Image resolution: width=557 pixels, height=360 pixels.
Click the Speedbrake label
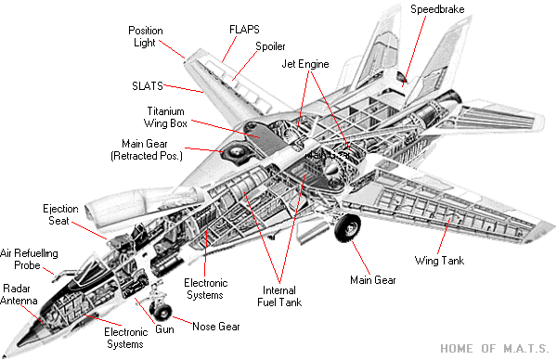click(x=437, y=9)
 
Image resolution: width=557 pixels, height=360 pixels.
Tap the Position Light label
click(x=146, y=36)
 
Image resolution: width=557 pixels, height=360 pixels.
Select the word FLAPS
click(x=244, y=30)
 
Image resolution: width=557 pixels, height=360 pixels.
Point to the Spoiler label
click(x=270, y=46)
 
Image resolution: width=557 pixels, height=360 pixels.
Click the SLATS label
click(x=148, y=86)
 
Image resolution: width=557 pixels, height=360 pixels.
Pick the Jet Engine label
click(x=305, y=64)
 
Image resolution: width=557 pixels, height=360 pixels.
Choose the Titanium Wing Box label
click(x=165, y=117)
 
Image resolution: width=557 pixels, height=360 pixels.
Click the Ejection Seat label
click(x=60, y=214)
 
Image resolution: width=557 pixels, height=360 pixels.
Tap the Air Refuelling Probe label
click(x=29, y=259)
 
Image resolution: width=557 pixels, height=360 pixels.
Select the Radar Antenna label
click(x=19, y=294)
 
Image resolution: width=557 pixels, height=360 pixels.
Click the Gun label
click(x=164, y=329)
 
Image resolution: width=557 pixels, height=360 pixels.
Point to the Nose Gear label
click(x=216, y=327)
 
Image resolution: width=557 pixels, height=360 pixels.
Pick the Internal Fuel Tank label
click(x=279, y=297)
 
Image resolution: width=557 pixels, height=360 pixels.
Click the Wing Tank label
click(x=439, y=261)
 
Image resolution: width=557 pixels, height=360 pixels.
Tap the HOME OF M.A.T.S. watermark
click(x=495, y=348)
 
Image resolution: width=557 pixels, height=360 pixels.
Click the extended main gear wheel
click(x=348, y=227)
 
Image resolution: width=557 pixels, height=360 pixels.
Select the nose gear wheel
click(x=161, y=312)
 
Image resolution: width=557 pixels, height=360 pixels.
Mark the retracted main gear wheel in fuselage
click(x=237, y=153)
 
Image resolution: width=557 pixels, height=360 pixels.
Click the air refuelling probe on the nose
click(x=61, y=276)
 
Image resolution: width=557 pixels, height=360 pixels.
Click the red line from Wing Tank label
click(x=444, y=236)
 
